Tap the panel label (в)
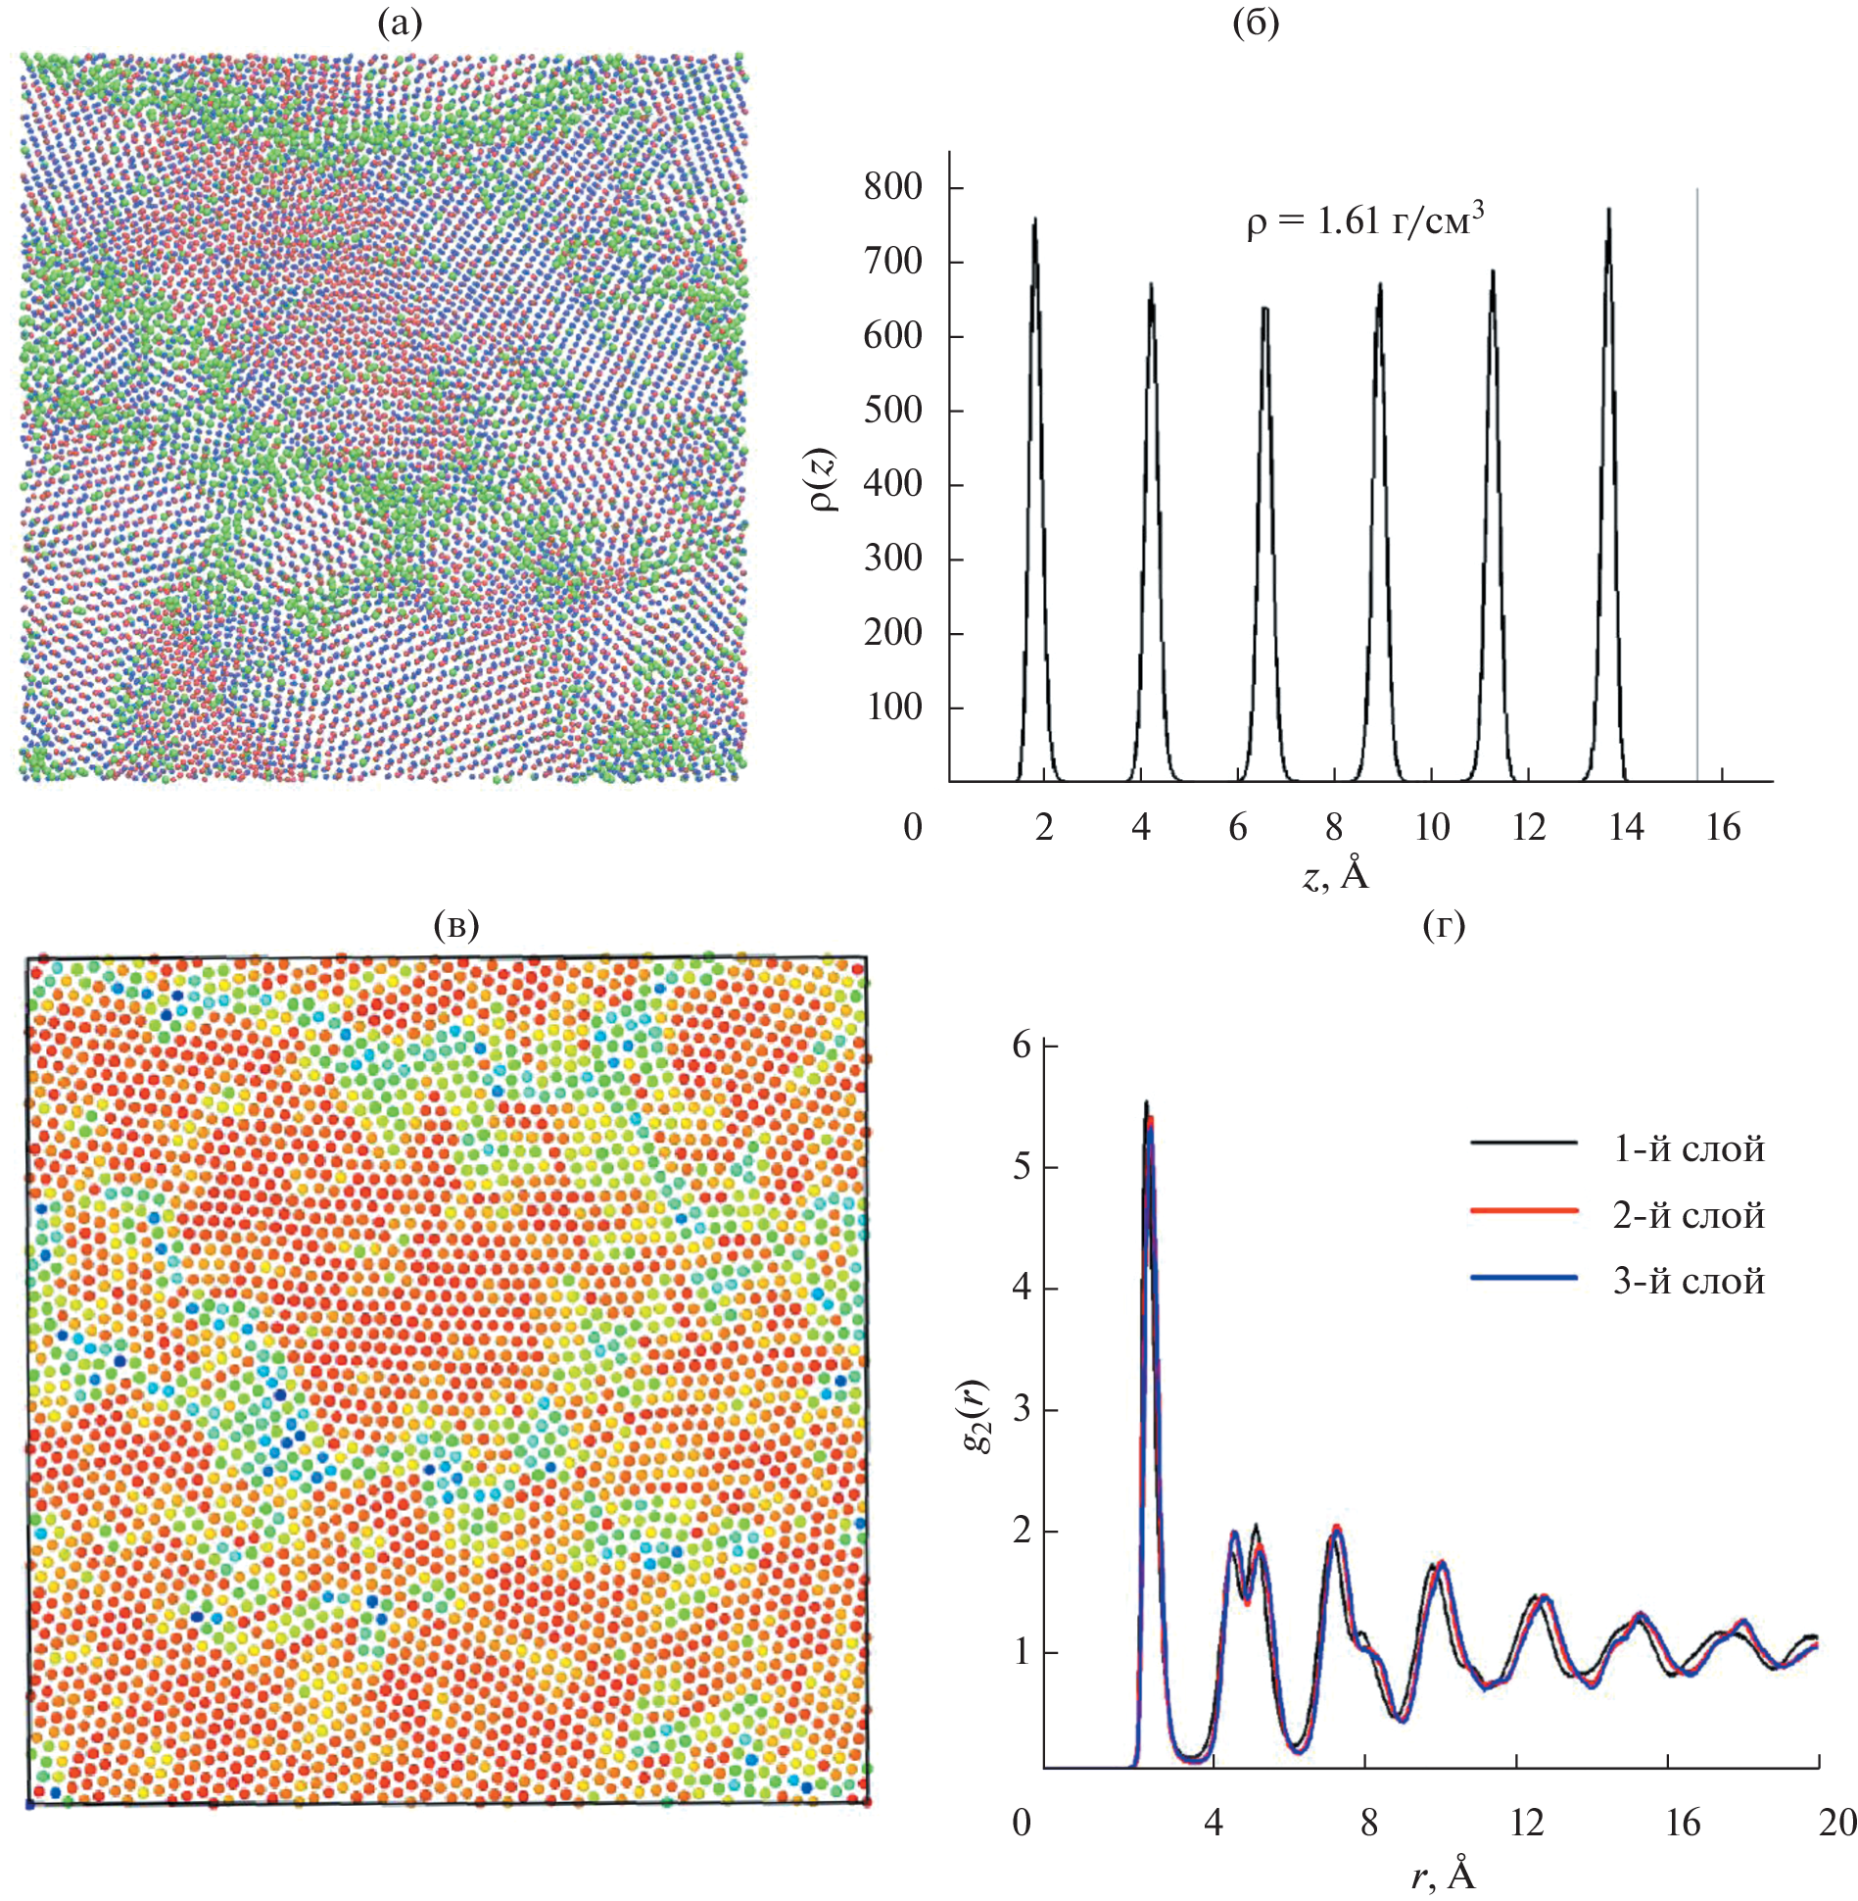456,925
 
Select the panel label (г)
1444,925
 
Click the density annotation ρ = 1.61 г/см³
1364,221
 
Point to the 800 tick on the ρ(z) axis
892,186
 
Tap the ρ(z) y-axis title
824,479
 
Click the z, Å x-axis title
1335,875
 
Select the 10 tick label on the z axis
1431,828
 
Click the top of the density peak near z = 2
1034,219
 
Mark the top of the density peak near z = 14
1608,209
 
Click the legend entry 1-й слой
1689,1149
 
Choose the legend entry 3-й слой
1689,1281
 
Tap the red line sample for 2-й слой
1523,1211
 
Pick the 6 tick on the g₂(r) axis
1022,1047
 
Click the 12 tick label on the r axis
1526,1823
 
